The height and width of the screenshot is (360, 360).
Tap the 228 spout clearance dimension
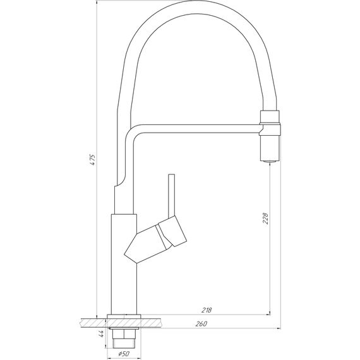[265, 218]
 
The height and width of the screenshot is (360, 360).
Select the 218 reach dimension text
[207, 310]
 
